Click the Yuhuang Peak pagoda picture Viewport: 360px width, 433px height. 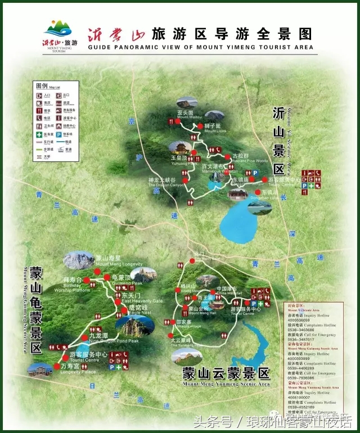pyautogui.click(x=181, y=148)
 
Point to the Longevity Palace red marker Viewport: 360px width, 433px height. pyautogui.click(x=56, y=366)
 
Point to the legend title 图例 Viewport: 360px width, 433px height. pyautogui.click(x=42, y=86)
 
